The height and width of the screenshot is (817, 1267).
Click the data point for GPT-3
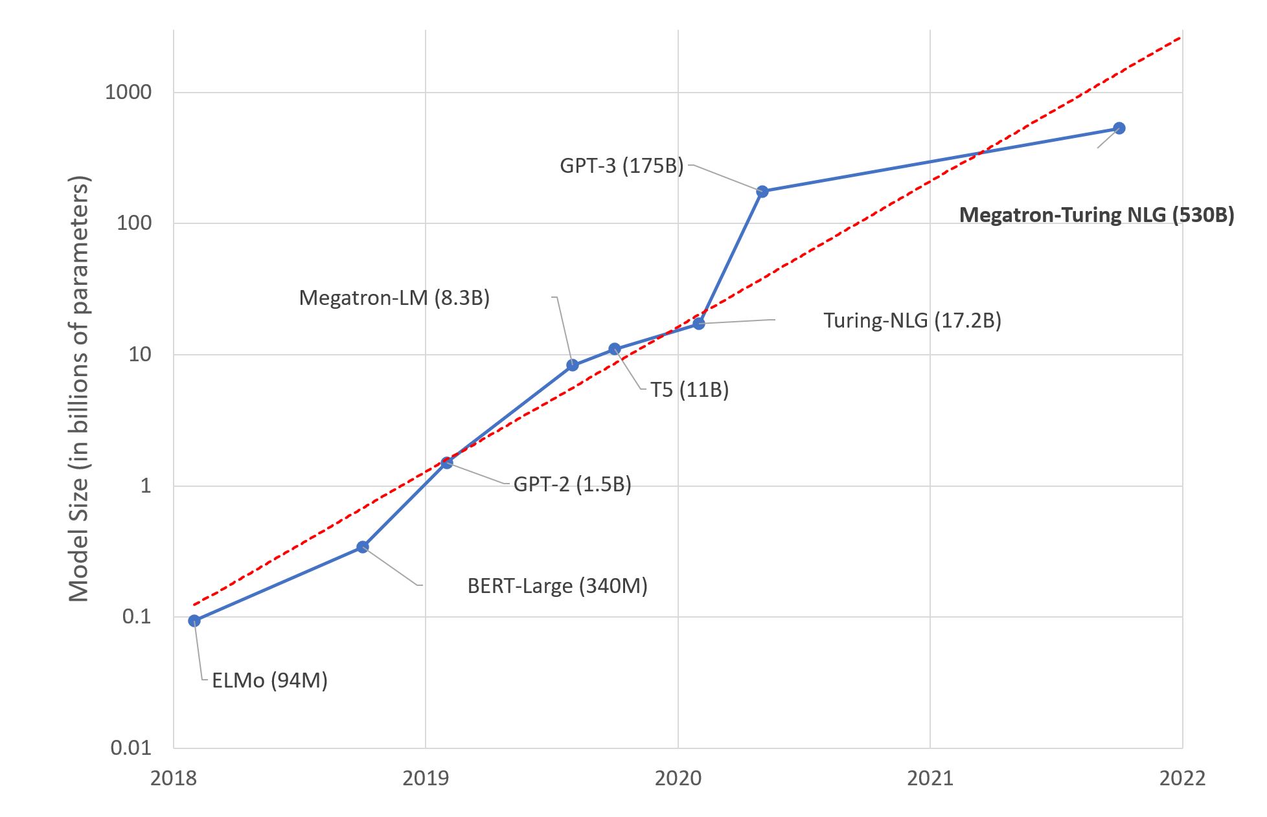(x=762, y=191)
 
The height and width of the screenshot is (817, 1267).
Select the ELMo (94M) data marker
(x=194, y=621)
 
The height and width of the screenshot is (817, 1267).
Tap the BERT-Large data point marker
(x=363, y=547)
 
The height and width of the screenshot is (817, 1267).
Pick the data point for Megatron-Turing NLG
(x=1119, y=128)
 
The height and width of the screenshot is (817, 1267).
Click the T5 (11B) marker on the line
(x=615, y=349)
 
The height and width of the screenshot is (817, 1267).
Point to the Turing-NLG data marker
(x=699, y=323)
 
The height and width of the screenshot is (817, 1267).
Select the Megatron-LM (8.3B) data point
(x=573, y=365)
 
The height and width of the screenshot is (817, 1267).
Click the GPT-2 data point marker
(x=447, y=462)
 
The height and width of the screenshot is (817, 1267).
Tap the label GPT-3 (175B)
(x=621, y=166)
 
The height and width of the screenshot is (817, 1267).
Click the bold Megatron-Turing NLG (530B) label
(x=1096, y=215)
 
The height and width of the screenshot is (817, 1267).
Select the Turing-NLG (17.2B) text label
(x=912, y=320)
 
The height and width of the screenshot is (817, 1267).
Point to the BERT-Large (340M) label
(x=557, y=586)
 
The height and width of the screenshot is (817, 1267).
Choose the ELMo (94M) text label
(x=269, y=680)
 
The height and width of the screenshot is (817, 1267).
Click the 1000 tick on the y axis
(x=128, y=92)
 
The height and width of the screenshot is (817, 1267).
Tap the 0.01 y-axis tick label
(x=131, y=748)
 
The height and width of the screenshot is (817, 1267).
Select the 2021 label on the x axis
(x=930, y=778)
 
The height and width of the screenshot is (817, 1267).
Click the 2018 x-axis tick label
(x=174, y=778)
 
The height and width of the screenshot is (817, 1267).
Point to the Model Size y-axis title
(x=79, y=388)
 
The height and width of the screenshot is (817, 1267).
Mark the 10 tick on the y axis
(x=140, y=354)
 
